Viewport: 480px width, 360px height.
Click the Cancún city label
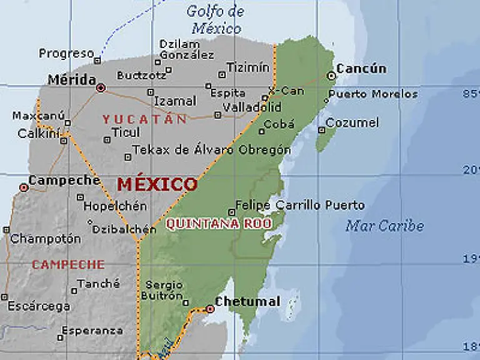361,69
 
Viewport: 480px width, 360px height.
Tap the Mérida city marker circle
101,88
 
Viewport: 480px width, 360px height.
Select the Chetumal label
248,302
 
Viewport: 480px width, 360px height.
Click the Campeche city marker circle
24,187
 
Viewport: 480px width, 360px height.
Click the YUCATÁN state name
144,119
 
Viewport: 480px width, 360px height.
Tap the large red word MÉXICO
157,184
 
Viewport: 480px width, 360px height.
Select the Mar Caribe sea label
384,226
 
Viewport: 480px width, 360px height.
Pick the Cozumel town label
352,123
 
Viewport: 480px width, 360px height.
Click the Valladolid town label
252,107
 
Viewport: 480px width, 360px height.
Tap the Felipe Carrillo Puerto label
300,205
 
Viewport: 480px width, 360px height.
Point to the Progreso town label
66,54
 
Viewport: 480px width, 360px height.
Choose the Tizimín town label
247,67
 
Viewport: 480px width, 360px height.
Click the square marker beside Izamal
150,92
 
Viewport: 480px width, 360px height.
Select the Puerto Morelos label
372,94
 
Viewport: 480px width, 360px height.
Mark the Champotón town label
46,239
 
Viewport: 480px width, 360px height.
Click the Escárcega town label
39,306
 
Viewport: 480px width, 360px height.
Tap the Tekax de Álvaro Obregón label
212,150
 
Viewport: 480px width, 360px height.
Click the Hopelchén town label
115,206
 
